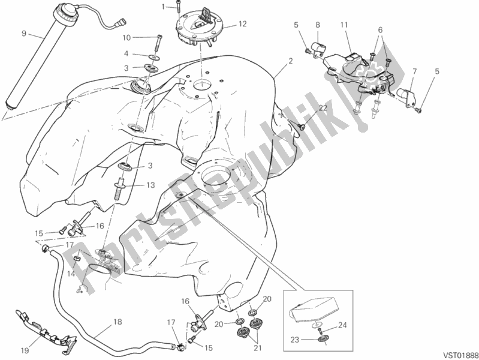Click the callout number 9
point(24,34)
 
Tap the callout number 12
point(243,24)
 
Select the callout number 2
point(290,61)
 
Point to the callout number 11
point(344,25)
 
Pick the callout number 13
point(150,185)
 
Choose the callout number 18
point(118,322)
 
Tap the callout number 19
point(25,350)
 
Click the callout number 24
point(343,325)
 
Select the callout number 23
point(294,340)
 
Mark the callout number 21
point(258,348)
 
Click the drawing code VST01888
point(460,355)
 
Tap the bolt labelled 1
point(177,9)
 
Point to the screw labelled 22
point(302,125)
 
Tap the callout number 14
point(71,274)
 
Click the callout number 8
point(318,25)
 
